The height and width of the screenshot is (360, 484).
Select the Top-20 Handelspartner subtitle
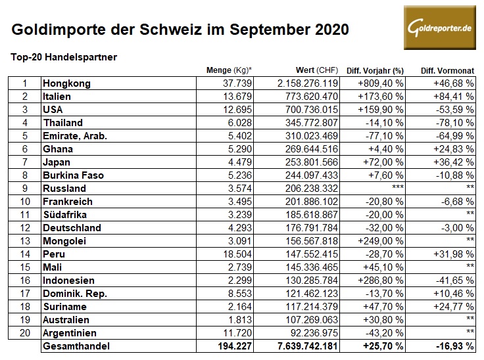point(64,57)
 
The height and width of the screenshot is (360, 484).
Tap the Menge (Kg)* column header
point(229,70)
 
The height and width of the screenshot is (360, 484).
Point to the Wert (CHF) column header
point(316,70)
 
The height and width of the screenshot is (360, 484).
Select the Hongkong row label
point(66,83)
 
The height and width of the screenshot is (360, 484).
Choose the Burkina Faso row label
point(73,175)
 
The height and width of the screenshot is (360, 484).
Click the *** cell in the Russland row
point(397,189)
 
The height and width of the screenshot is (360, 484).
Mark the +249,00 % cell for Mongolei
point(380,241)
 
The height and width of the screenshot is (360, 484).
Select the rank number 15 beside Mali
point(24,267)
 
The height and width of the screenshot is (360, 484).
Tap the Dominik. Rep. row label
point(74,294)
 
